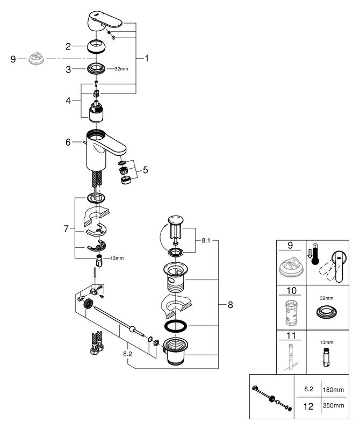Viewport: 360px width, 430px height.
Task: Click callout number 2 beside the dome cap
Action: click(x=68, y=46)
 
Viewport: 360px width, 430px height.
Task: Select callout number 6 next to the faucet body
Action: click(x=68, y=142)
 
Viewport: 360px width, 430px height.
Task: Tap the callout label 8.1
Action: click(x=206, y=240)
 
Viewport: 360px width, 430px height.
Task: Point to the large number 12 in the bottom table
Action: click(x=308, y=406)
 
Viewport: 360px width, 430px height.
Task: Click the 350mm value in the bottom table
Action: click(x=334, y=406)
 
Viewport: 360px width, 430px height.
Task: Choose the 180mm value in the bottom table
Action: click(x=334, y=389)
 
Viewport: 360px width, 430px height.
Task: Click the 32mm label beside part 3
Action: click(x=121, y=69)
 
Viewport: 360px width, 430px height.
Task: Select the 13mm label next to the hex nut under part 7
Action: click(x=117, y=258)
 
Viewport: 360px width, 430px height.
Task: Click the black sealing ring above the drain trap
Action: click(x=176, y=326)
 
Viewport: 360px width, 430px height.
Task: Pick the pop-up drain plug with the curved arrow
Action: click(x=176, y=227)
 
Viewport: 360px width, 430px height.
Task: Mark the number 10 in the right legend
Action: click(x=291, y=290)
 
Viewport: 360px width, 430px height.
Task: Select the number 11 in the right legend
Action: click(x=291, y=335)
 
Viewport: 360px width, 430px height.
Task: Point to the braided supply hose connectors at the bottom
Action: click(x=97, y=343)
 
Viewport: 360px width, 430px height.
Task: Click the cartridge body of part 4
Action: click(x=96, y=112)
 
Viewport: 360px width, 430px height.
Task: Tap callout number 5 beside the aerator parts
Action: click(x=145, y=170)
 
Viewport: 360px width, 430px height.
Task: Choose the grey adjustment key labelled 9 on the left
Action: click(x=36, y=59)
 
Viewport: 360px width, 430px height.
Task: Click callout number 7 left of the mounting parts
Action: click(x=66, y=229)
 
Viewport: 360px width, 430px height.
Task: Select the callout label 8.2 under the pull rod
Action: click(x=127, y=354)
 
